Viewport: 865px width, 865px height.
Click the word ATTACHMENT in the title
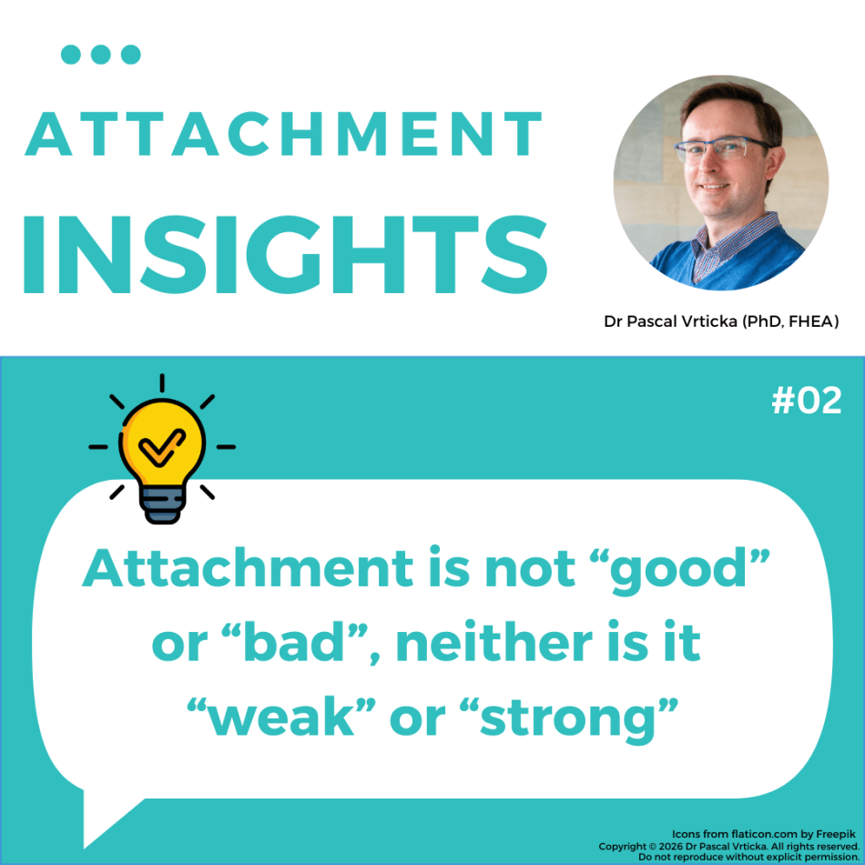(283, 134)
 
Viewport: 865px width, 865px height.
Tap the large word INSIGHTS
(285, 254)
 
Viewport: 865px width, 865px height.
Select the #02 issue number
(807, 401)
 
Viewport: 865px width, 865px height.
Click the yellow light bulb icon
(162, 450)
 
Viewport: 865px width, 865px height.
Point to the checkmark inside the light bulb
(162, 446)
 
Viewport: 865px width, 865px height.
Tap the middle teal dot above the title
(101, 55)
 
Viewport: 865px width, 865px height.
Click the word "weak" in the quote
(281, 717)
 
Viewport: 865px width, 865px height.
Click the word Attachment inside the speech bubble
(248, 567)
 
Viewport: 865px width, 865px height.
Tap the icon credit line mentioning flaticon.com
(764, 834)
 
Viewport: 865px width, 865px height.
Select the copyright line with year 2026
(728, 846)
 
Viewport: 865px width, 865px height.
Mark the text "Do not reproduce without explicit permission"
(748, 858)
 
